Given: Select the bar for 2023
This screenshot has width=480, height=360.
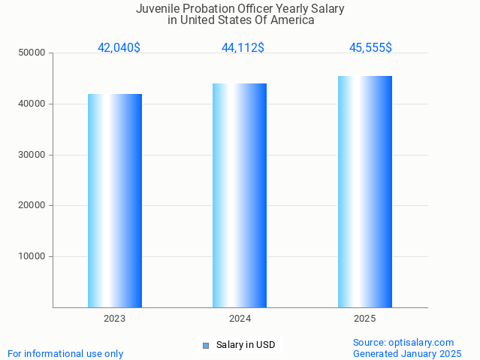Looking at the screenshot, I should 115,201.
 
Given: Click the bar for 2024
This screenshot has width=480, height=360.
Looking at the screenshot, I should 240,195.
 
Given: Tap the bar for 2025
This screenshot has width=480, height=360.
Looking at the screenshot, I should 365,192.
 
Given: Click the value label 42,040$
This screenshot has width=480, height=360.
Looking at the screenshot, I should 119,48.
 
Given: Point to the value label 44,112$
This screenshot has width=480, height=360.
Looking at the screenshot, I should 243,48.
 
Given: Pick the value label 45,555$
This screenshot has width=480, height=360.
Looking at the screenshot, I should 370,48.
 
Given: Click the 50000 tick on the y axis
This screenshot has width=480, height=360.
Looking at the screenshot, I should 32,53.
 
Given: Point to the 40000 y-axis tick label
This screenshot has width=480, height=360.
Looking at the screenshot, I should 32,104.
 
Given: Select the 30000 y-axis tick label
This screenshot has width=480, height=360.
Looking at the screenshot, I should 32,155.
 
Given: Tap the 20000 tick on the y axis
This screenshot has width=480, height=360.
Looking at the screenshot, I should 32,205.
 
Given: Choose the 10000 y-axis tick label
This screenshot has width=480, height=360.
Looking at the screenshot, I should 32,256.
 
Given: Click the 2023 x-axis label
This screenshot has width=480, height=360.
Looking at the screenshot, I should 115,319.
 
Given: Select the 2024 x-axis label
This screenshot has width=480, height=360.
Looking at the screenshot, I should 240,319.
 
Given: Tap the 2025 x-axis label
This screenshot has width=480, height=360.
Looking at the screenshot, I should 365,319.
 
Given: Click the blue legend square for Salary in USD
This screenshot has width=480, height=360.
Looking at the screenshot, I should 206,346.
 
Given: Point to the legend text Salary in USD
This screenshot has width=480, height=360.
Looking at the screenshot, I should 246,346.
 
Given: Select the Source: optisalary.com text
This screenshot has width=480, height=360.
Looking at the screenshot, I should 403,343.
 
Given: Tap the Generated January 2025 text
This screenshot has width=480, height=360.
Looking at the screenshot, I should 407,353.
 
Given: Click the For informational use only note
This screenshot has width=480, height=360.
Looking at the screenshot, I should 65,353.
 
